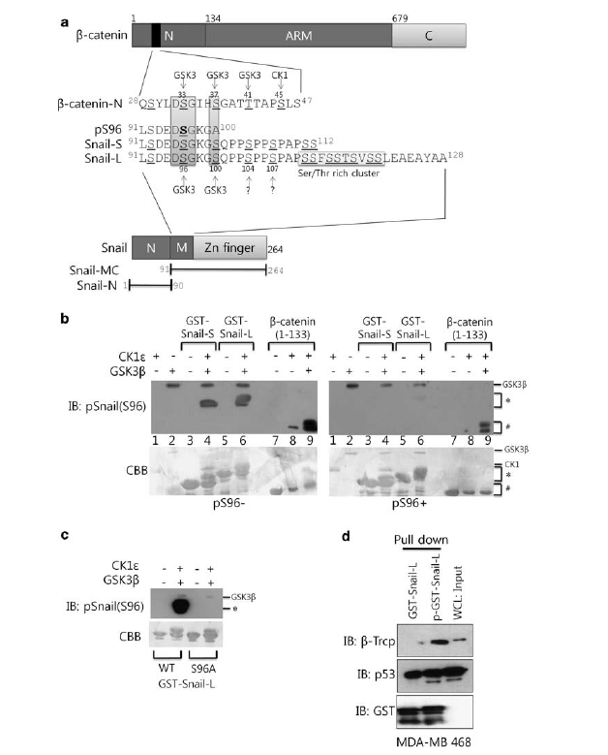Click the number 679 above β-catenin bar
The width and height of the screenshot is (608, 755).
pos(398,17)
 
